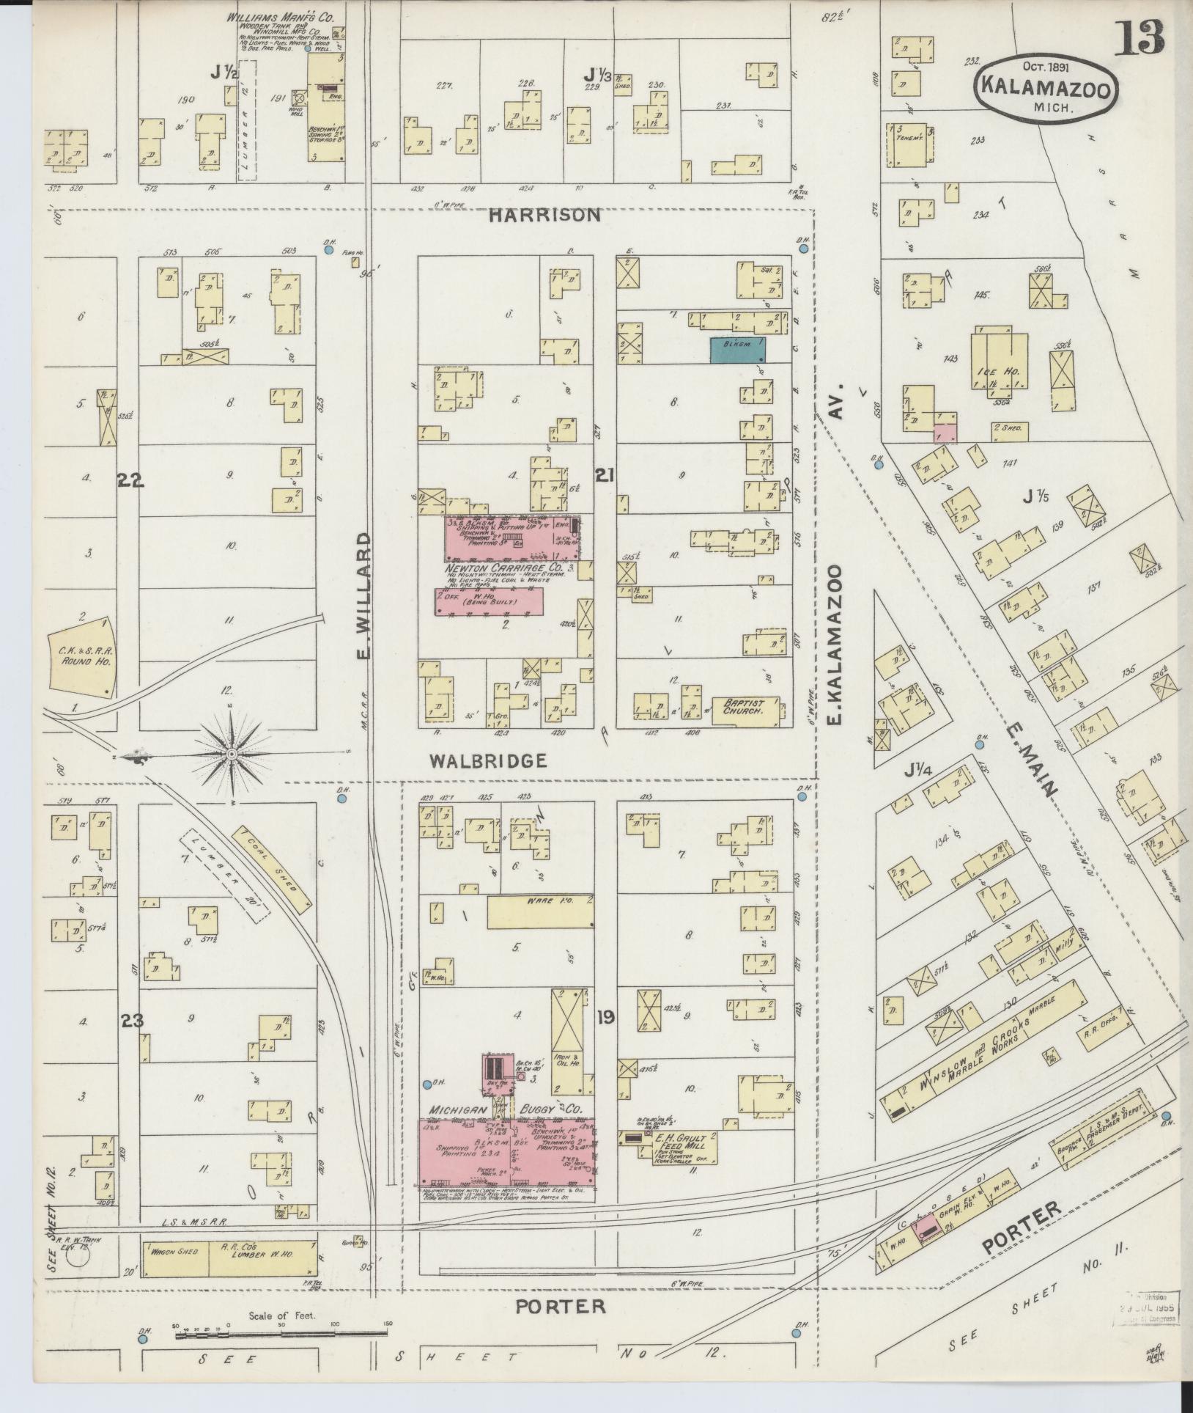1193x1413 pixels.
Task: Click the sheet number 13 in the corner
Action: pos(1140,39)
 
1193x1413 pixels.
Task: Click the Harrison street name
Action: pos(544,215)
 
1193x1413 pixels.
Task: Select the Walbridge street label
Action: pos(488,760)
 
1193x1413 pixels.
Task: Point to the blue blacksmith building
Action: pos(738,350)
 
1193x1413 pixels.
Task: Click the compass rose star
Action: pos(232,754)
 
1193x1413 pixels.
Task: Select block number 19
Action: pos(605,1016)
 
